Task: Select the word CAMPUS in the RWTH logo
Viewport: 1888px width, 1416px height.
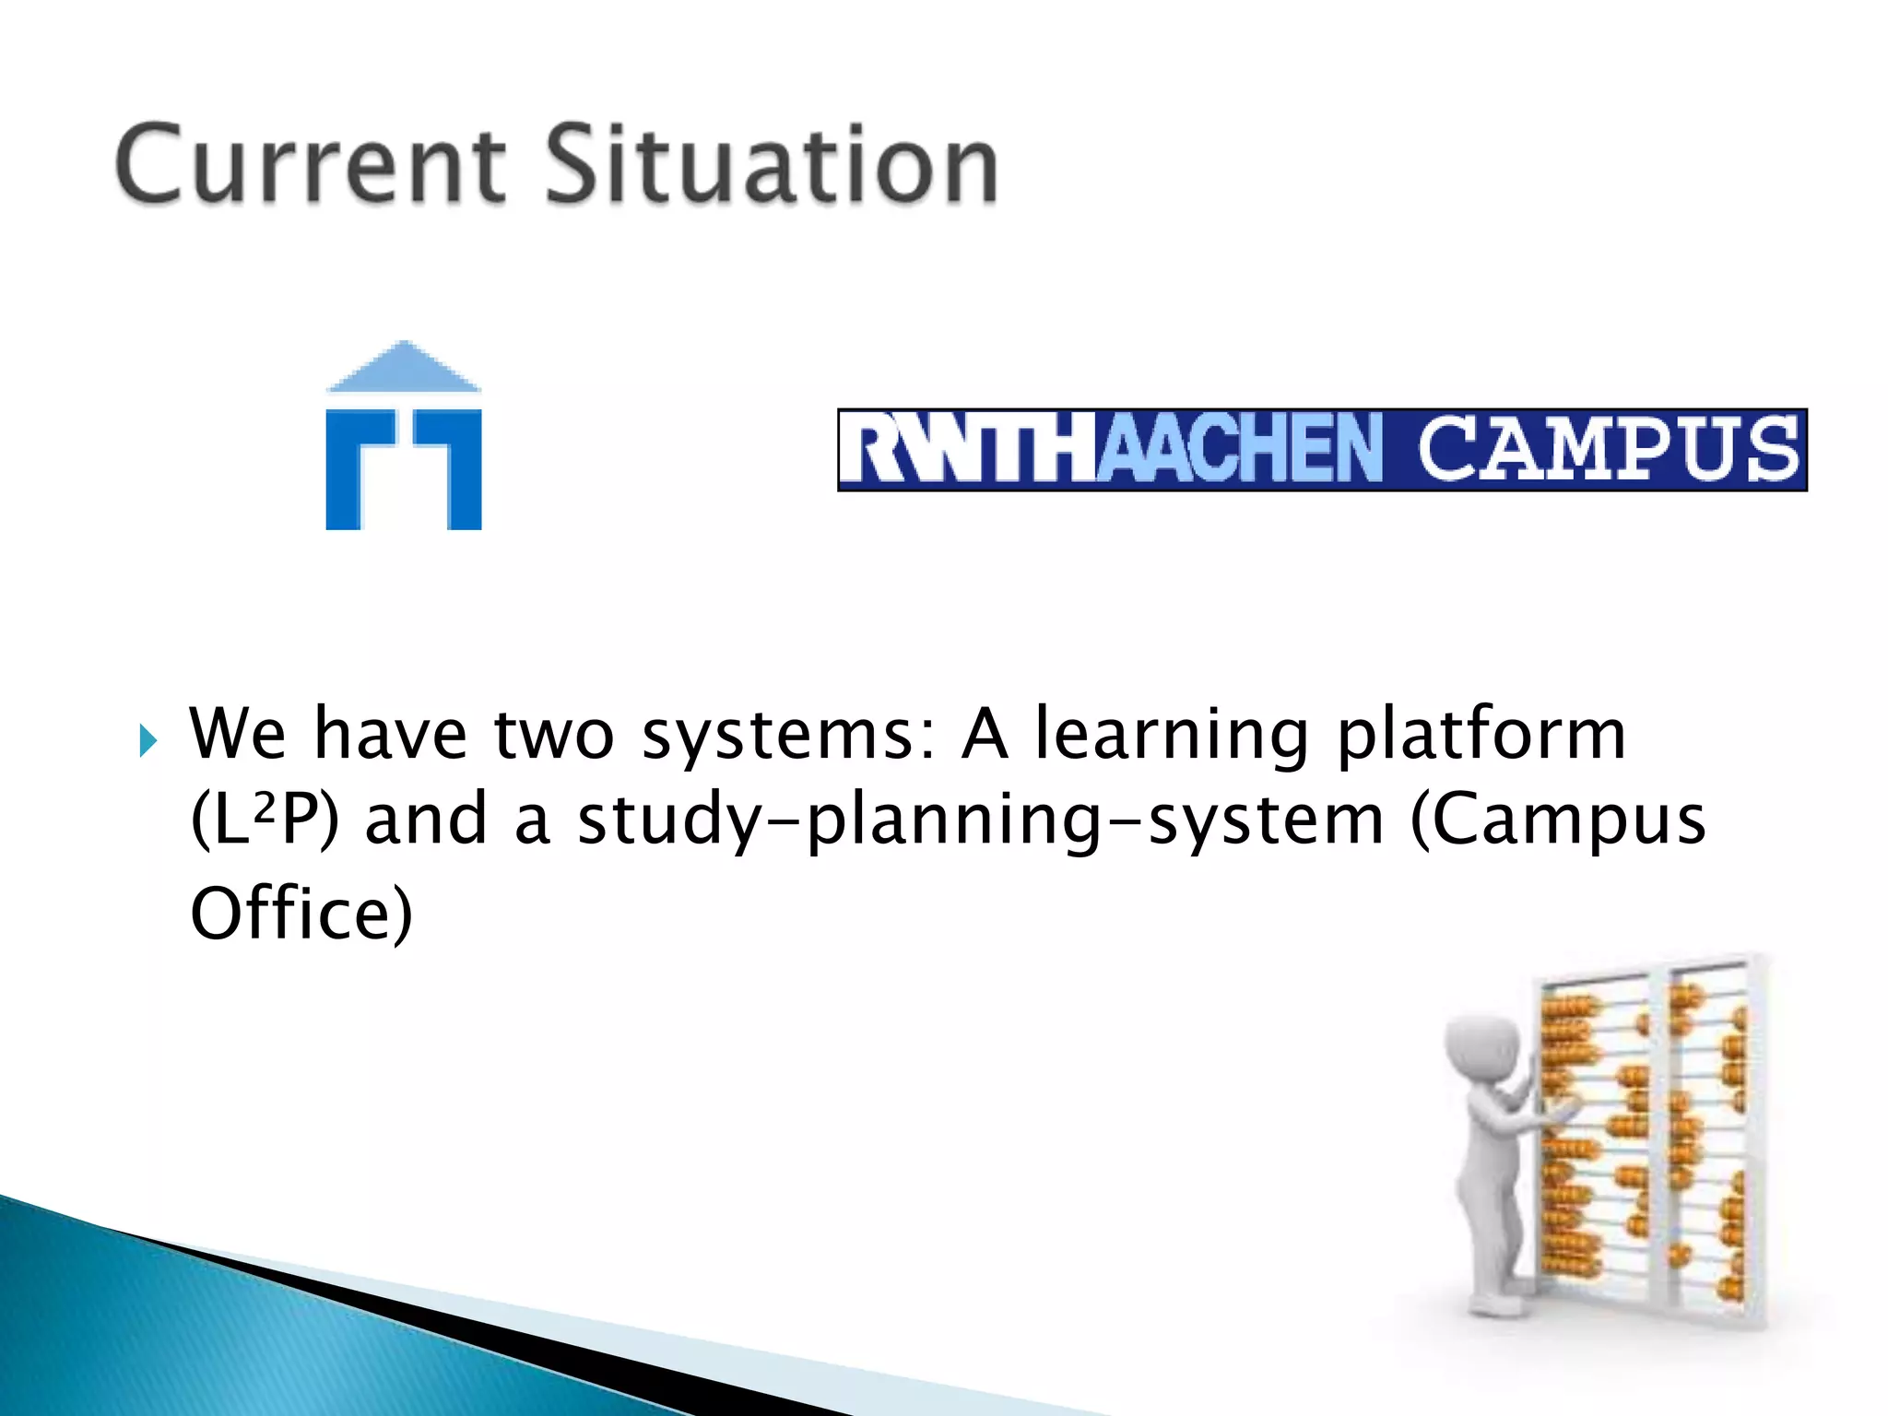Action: click(1608, 450)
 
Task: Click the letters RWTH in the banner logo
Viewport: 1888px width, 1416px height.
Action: click(968, 450)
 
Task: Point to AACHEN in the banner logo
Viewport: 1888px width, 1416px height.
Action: click(1241, 450)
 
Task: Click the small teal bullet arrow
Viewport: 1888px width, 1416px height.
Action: click(148, 740)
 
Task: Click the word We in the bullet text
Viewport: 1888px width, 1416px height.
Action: click(238, 735)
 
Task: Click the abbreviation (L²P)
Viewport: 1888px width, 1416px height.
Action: click(265, 820)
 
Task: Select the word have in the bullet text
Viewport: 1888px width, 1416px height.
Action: click(391, 735)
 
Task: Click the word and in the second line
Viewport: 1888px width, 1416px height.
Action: click(426, 820)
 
